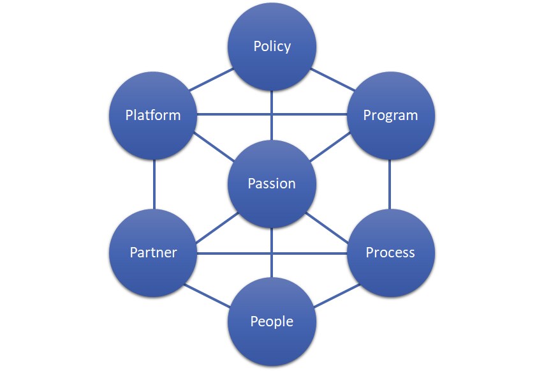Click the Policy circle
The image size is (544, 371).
pyautogui.click(x=272, y=47)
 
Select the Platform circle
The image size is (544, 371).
pyautogui.click(x=154, y=116)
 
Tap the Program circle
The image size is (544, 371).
pyautogui.click(x=390, y=116)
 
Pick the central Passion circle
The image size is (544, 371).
pyautogui.click(x=272, y=184)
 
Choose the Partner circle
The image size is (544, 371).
pyautogui.click(x=154, y=253)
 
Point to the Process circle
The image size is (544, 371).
pyautogui.click(x=390, y=253)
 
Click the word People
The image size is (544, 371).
pyautogui.click(x=272, y=321)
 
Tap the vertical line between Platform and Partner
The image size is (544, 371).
pyautogui.click(x=154, y=184)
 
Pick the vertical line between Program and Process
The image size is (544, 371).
pyautogui.click(x=390, y=184)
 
